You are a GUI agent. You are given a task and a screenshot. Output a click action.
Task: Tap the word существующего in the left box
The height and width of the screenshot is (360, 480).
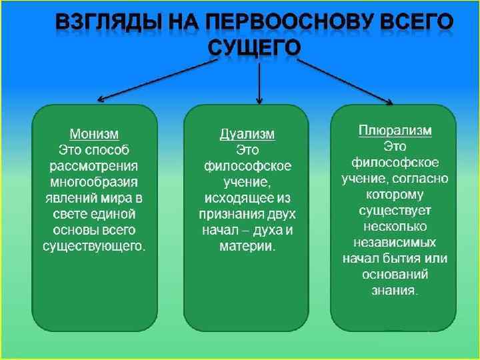coord(93,246)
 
